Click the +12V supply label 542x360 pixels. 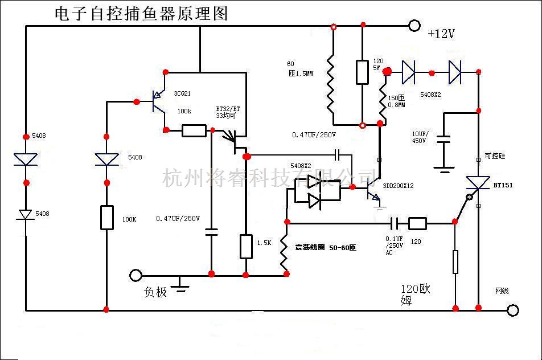point(441,34)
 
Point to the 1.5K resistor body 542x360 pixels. point(246,246)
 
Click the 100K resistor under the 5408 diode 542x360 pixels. point(106,218)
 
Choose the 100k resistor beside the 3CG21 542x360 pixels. point(194,130)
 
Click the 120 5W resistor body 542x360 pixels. point(362,72)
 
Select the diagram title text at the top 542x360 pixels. point(141,14)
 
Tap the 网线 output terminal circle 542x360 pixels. point(513,310)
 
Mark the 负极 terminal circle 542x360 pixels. point(135,275)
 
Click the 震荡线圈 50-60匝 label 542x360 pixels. point(325,248)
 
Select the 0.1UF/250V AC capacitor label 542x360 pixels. point(395,246)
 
